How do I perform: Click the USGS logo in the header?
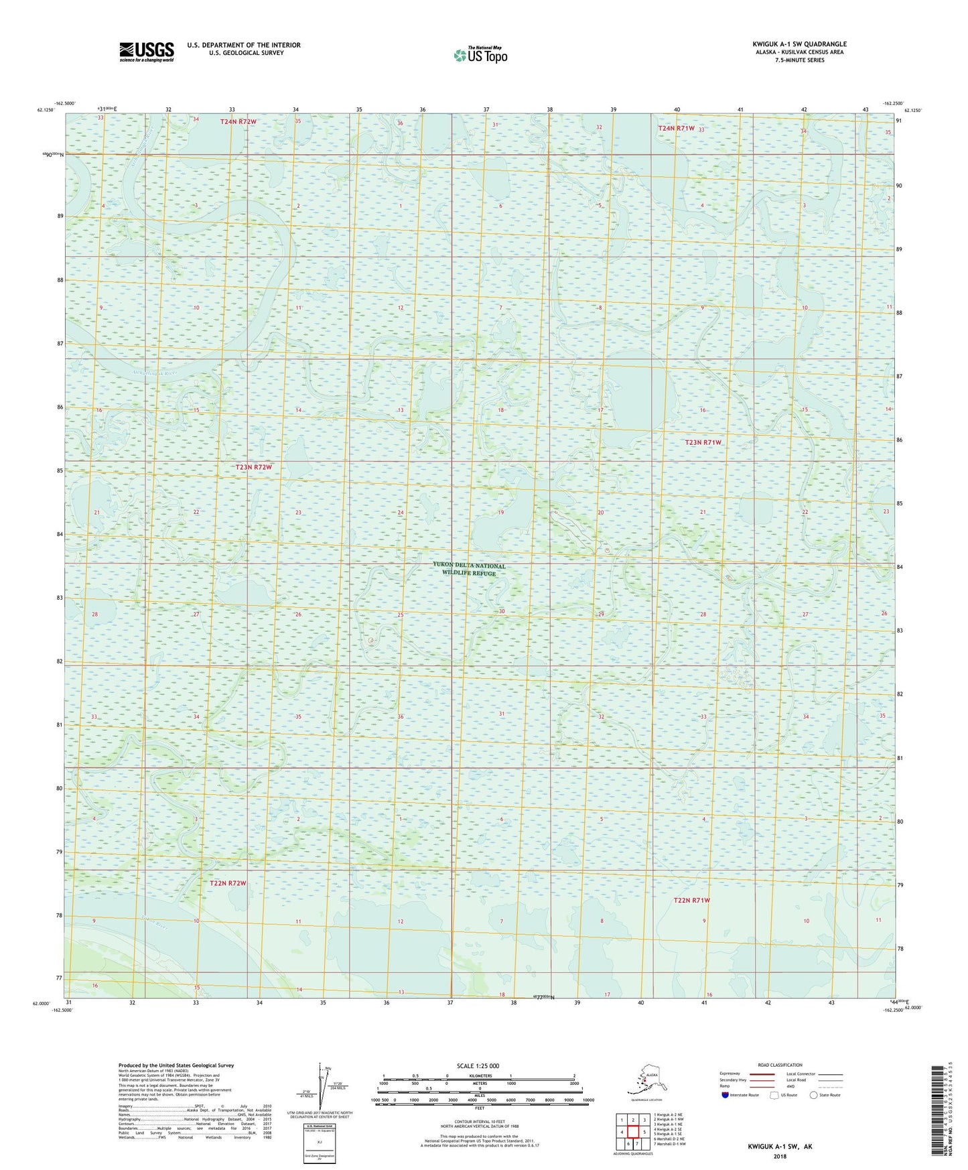pyautogui.click(x=146, y=52)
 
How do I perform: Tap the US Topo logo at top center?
pyautogui.click(x=480, y=55)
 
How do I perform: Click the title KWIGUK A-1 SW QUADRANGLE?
pyautogui.click(x=799, y=44)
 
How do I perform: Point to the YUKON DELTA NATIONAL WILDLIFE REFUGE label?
pyautogui.click(x=469, y=569)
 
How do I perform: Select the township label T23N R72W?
pyautogui.click(x=254, y=467)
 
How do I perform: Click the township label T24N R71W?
pyautogui.click(x=677, y=128)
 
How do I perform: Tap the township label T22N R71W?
pyautogui.click(x=691, y=900)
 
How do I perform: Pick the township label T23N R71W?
pyautogui.click(x=703, y=442)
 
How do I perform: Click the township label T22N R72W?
pyautogui.click(x=228, y=883)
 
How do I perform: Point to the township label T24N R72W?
pyautogui.click(x=238, y=121)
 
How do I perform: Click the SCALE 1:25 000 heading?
pyautogui.click(x=478, y=1065)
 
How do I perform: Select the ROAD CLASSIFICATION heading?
pyautogui.click(x=780, y=1065)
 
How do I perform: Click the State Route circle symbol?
pyautogui.click(x=814, y=1095)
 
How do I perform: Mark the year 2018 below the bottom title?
pyautogui.click(x=780, y=1156)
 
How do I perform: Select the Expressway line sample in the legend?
pyautogui.click(x=762, y=1074)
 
